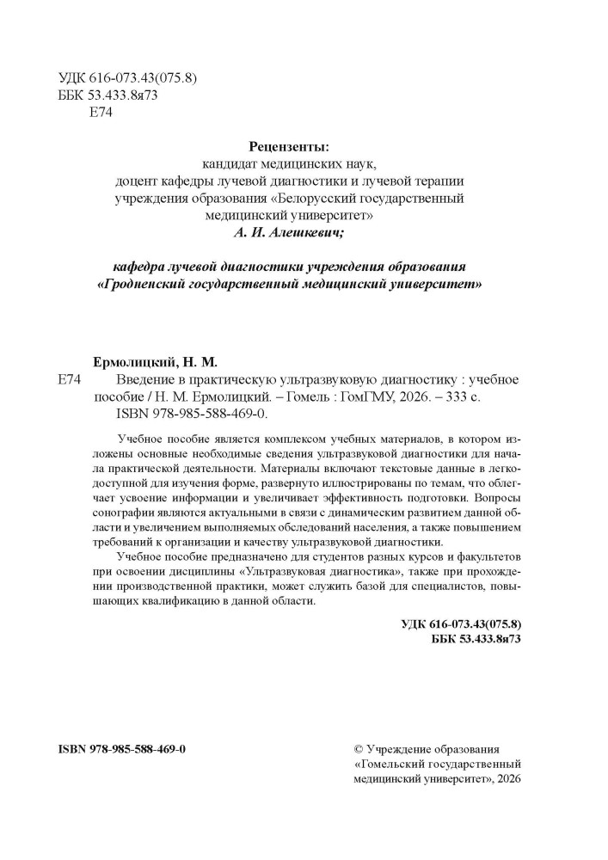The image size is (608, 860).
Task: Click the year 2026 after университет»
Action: point(507,778)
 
